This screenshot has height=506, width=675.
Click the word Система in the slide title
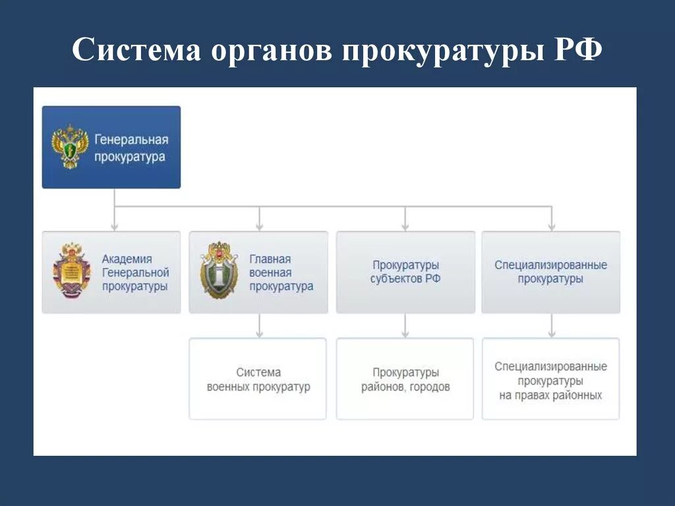tap(136, 51)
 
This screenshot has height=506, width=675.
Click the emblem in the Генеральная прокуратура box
tap(70, 146)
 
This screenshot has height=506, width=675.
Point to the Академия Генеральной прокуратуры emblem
tap(71, 271)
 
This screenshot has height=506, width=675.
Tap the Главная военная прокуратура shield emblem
tap(219, 271)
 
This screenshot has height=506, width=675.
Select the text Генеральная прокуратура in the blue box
tap(131, 148)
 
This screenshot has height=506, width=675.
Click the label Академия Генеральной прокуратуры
tap(135, 272)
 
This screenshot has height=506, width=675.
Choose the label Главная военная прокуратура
tap(281, 272)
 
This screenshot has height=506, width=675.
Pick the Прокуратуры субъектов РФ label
tap(405, 272)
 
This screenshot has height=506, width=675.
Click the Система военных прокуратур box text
tap(258, 380)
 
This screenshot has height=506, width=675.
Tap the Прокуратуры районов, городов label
tap(405, 380)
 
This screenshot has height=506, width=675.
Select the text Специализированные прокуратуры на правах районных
tap(551, 381)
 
